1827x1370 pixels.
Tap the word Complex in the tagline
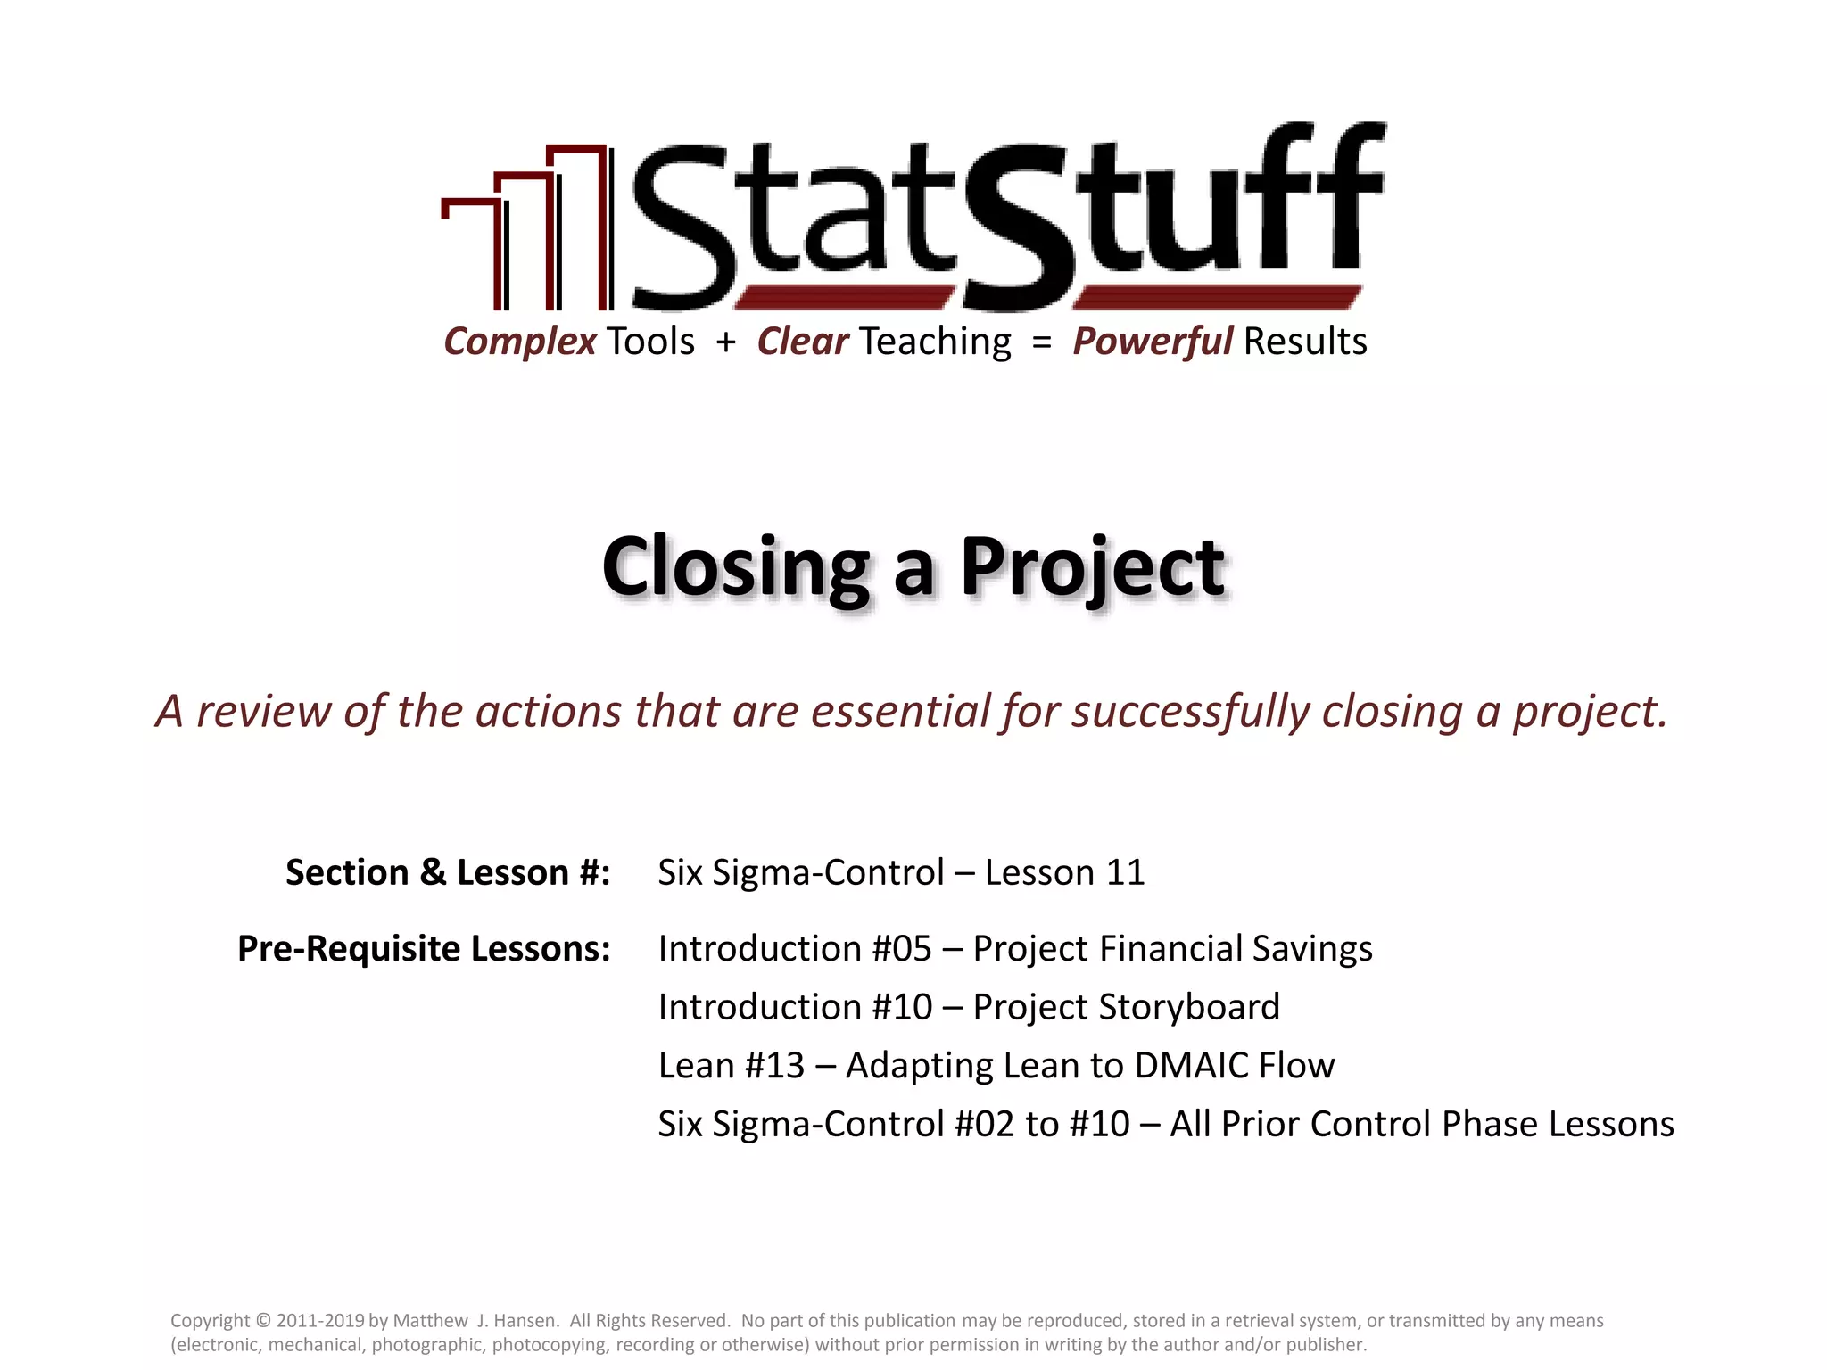pos(520,342)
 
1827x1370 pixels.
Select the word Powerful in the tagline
pos(1153,342)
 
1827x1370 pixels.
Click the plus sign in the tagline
pos(725,342)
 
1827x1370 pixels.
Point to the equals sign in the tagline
pos(1041,342)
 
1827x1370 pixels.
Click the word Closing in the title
pos(735,568)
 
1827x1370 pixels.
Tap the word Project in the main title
pos(1092,568)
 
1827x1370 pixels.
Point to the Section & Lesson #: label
pos(448,872)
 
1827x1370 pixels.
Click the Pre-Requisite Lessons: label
pos(424,949)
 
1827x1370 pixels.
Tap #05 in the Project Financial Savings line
pos(902,949)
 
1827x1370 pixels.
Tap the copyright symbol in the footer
pos(262,1321)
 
